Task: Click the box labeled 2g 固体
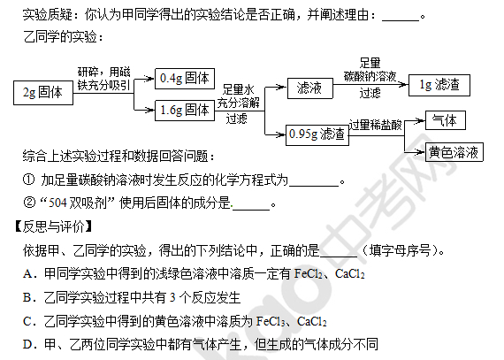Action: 43,93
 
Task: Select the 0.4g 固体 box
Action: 185,79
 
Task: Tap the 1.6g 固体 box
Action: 185,111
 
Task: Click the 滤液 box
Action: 309,88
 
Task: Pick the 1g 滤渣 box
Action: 439,85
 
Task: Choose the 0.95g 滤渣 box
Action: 317,135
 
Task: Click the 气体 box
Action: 445,120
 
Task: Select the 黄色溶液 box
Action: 454,152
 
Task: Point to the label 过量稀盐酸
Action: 376,125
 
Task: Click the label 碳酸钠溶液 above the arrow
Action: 370,76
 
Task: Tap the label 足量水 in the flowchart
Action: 238,89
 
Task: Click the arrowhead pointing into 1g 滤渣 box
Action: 403,85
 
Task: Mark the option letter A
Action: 27,274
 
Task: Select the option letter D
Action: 27,344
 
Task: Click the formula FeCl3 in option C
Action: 271,321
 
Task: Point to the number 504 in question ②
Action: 57,203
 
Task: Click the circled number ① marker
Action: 28,180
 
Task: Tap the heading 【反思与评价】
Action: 53,227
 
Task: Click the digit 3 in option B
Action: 172,298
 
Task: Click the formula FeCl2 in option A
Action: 309,274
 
